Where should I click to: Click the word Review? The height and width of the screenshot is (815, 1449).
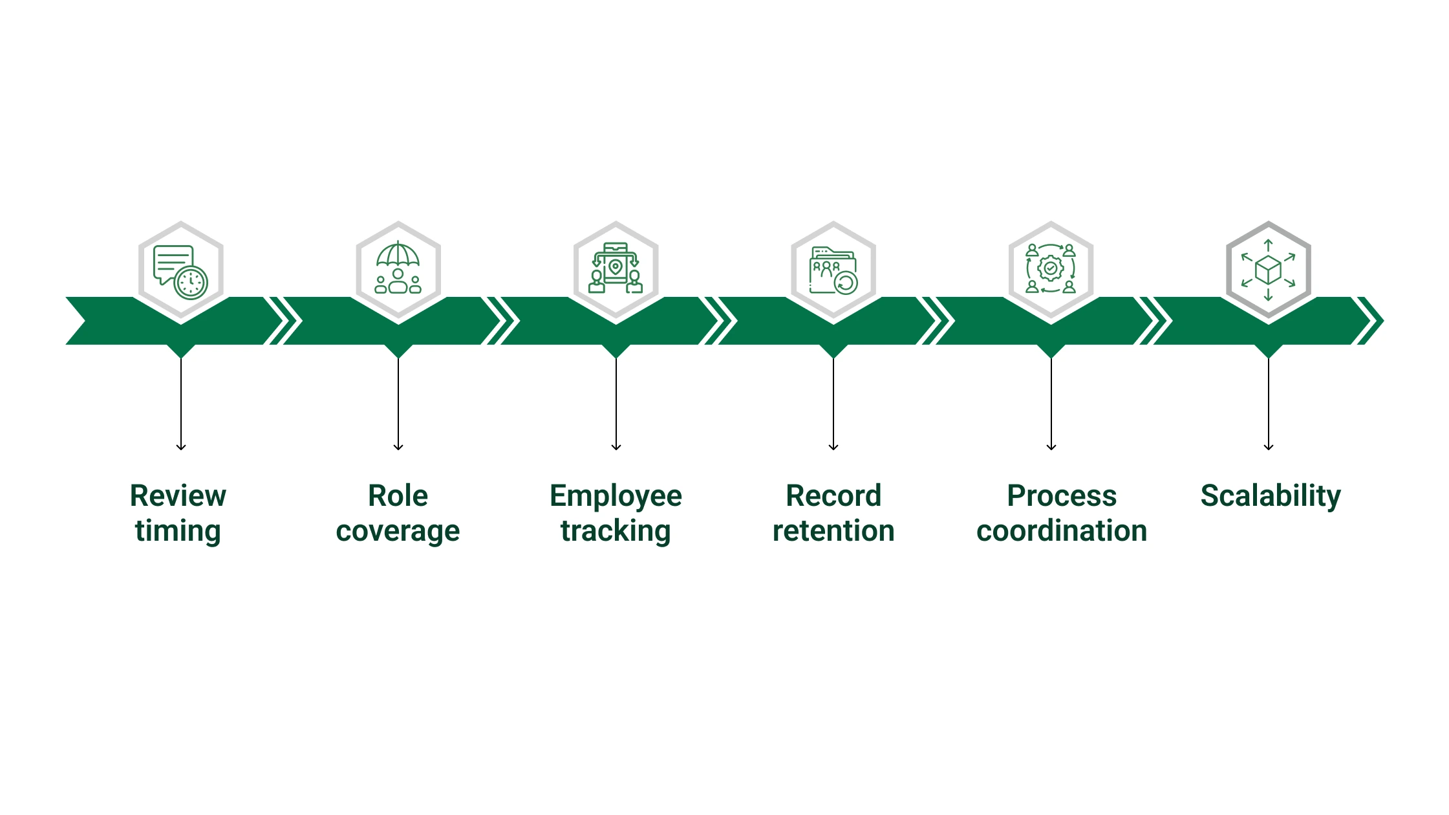pos(178,496)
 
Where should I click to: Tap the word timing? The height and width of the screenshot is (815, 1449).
pos(178,531)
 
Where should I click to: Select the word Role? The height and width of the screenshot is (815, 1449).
pos(398,496)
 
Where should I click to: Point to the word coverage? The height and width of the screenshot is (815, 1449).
pos(398,531)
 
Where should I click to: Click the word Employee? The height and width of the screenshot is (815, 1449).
pos(616,496)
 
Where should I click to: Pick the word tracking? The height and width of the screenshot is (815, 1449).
pos(616,531)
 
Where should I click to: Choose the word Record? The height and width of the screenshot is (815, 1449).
pos(833,496)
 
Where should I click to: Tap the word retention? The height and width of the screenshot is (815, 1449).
pos(833,531)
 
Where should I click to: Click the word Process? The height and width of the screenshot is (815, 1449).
pos(1062,496)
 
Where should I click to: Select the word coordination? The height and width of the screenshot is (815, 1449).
pos(1062,531)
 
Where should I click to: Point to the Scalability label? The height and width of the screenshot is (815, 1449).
pos(1271,496)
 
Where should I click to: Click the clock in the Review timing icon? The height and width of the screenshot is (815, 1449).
pos(191,283)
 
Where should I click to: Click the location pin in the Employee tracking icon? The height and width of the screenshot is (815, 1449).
pos(615,266)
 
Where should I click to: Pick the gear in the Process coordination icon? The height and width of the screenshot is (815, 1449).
pos(1051,268)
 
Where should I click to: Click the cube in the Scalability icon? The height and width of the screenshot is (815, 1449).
pos(1268,269)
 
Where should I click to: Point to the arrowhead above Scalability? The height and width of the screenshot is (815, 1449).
pos(1269,446)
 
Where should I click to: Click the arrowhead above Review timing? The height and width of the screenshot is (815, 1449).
pos(181,446)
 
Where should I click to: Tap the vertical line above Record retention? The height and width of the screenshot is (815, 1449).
pos(833,401)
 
